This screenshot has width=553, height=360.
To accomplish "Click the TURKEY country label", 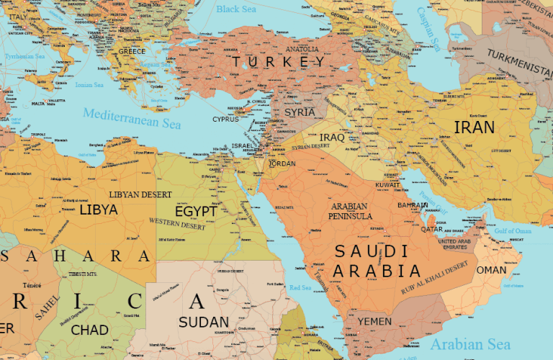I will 278,63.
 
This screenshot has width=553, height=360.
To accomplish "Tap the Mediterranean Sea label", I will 131,118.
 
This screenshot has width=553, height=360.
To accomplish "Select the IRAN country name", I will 474,128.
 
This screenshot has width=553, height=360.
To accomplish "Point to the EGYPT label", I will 195,212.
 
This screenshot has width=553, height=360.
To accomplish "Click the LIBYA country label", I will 99,210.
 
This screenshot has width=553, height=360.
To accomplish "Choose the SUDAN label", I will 204,322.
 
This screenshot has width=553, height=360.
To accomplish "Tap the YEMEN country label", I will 374,321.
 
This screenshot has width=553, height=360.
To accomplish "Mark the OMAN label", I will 491,270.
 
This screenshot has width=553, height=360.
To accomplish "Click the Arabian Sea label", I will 470,344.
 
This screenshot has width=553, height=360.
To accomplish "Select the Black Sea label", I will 237,9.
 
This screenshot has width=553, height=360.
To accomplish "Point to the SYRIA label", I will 300,112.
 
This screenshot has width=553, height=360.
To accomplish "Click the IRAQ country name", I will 332,137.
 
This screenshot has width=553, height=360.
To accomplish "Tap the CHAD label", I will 90,330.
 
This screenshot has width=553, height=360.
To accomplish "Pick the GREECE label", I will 132,52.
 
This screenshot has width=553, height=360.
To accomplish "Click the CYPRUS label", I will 225,120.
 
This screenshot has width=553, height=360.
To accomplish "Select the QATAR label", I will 431,229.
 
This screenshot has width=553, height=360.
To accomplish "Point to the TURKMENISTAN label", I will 518,63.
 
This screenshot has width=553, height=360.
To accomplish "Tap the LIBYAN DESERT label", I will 140,194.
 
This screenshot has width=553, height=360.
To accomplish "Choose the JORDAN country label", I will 282,163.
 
